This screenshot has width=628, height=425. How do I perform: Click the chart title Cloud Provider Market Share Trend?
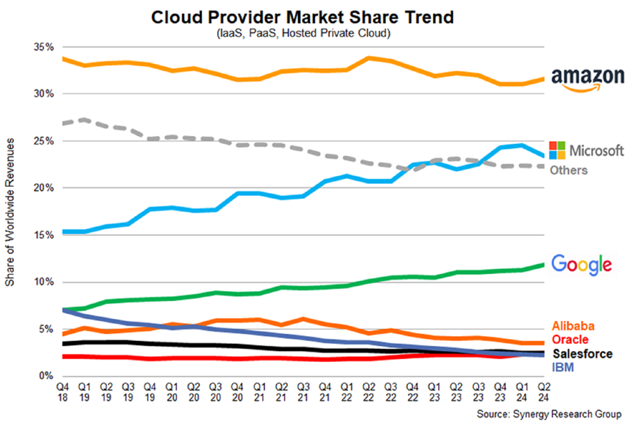coord(302,17)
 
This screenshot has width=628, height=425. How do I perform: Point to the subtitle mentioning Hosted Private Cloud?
coord(303,33)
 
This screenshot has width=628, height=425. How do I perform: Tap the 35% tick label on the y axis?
coord(44,47)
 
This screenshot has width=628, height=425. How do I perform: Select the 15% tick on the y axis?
coord(44,235)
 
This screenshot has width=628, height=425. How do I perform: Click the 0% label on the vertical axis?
coord(46,376)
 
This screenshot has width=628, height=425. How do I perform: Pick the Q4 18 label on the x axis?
coord(62,392)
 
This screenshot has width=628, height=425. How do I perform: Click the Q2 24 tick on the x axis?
coord(543,392)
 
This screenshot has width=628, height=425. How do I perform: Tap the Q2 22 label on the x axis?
coord(368,392)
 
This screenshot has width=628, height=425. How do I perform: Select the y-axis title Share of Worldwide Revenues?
coord(10,212)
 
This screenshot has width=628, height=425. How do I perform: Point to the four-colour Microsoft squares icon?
coord(557,150)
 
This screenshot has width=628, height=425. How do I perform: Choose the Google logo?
coord(581,264)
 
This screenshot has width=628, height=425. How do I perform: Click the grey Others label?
coord(569,170)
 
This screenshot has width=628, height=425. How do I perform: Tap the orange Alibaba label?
coord(573,326)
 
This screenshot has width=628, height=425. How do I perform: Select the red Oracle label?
coord(570,339)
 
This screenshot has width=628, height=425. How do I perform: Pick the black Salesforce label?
coord(583,354)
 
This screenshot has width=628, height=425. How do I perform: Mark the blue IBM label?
coord(563,367)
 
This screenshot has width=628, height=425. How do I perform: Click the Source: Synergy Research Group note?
coord(549,414)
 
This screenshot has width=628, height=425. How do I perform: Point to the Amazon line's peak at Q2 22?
coord(368,58)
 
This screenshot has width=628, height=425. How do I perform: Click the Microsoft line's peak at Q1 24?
coord(522,146)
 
